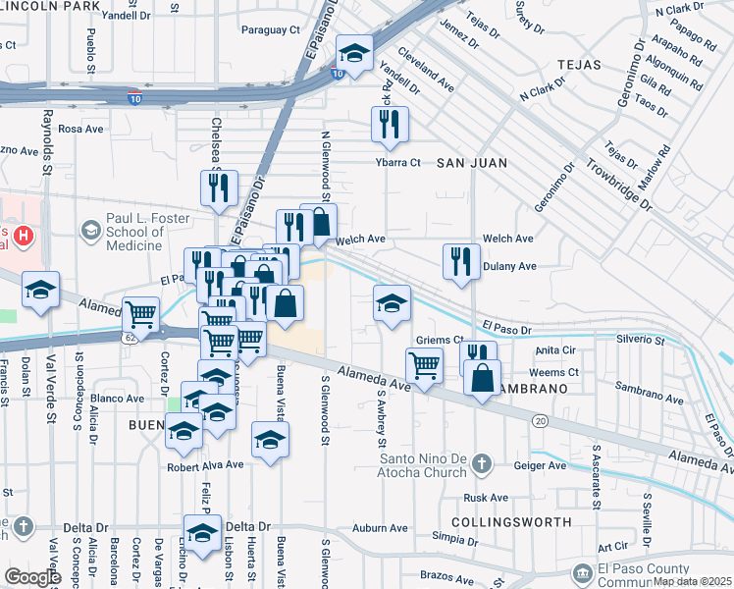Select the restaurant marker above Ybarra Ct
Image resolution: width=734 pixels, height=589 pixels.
(x=390, y=124)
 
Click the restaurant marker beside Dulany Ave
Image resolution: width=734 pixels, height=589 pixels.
(x=460, y=261)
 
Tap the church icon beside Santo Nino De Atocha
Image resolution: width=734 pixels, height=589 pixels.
(x=481, y=462)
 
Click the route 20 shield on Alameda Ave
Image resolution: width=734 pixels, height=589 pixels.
(x=540, y=420)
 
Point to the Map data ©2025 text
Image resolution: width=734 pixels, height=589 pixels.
(x=692, y=581)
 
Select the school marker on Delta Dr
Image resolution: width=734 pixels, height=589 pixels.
(x=202, y=533)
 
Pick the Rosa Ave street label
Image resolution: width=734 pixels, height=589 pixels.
(x=80, y=129)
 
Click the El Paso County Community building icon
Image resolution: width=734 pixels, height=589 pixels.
(x=582, y=571)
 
